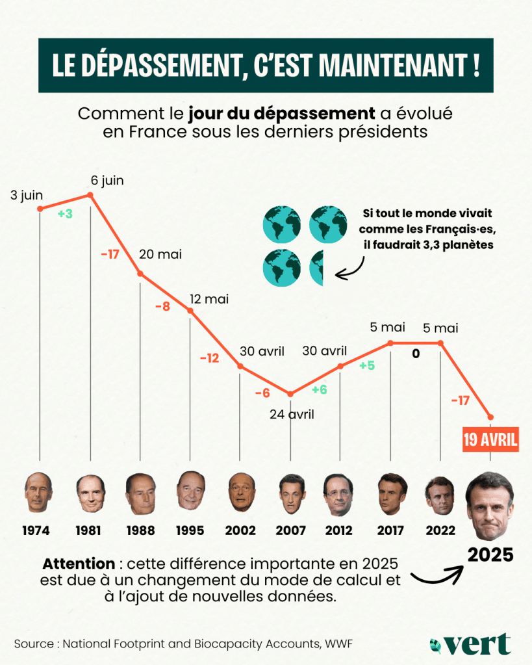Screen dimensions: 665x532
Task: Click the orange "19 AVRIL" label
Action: [x=490, y=440]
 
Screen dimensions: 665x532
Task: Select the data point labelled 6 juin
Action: [x=90, y=195]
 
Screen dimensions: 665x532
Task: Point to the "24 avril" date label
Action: [x=292, y=413]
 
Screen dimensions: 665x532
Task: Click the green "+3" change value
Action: [x=65, y=213]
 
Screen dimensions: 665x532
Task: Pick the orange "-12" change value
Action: [x=210, y=358]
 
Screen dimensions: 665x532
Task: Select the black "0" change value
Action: [x=416, y=354]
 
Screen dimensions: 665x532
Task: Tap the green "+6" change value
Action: [x=319, y=389]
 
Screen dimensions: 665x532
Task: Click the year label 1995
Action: [x=191, y=530]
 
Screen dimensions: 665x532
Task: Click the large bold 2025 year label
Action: [x=490, y=555]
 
